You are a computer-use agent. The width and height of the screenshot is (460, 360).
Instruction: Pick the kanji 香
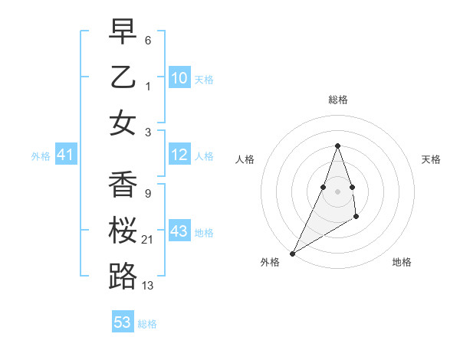123,184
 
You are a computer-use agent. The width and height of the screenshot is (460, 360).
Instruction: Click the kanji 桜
123,230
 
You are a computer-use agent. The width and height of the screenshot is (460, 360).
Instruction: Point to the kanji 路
123,275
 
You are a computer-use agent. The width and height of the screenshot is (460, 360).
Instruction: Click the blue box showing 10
179,77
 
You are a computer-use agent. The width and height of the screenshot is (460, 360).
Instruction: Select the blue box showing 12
179,155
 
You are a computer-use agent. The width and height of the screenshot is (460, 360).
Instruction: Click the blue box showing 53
123,322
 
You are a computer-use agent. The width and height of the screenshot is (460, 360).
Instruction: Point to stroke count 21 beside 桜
147,241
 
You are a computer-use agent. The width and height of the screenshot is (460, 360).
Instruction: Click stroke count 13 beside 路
147,286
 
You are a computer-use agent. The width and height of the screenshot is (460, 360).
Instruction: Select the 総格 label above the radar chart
337,100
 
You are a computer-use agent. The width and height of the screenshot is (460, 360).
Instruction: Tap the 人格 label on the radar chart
245,159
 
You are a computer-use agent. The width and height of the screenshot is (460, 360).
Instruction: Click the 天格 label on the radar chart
431,159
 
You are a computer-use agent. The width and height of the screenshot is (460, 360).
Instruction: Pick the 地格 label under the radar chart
402,262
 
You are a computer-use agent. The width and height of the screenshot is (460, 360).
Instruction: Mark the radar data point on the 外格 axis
293,253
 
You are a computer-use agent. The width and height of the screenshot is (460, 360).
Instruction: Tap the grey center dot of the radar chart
337,191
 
